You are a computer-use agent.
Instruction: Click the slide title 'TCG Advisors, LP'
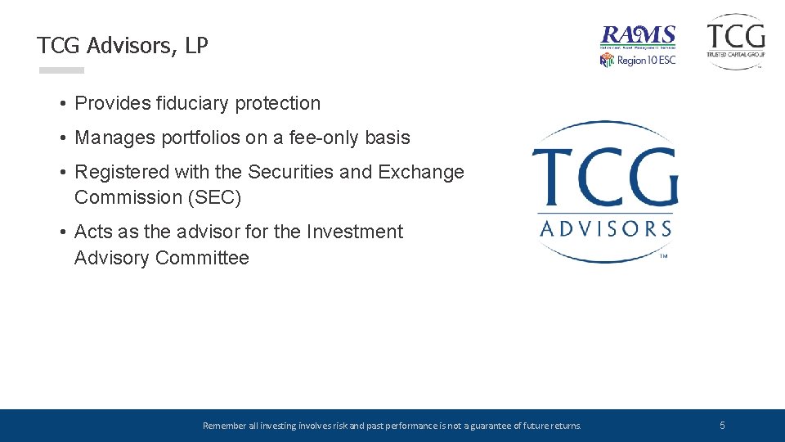123,46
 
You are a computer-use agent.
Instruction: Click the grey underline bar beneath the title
61,70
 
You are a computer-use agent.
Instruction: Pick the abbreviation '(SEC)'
213,198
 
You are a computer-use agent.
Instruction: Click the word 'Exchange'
421,173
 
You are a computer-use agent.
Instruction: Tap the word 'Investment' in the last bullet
354,232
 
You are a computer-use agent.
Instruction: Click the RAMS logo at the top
638,36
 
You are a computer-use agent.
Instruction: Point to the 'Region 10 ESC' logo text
646,61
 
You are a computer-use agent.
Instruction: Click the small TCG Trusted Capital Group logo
736,40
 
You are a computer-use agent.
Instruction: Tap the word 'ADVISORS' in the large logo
605,228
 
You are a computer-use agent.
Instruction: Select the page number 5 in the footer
722,426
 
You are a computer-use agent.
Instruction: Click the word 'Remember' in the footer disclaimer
222,426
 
